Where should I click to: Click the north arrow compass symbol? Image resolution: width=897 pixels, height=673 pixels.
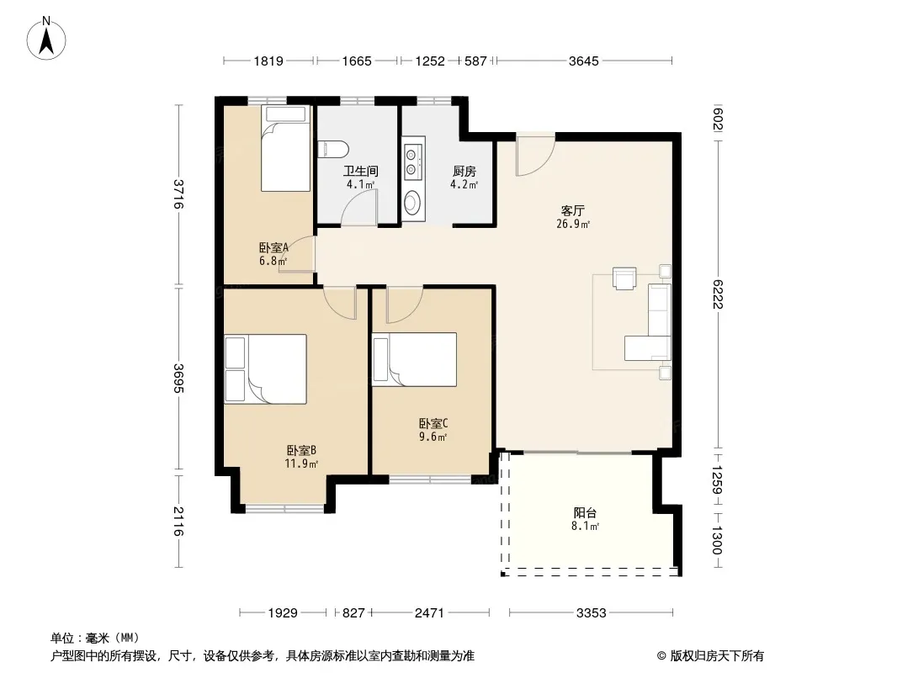pos(46,38)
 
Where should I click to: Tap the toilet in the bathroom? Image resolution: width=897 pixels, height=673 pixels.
pos(333,149)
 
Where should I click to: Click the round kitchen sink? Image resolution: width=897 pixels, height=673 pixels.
pos(411,202)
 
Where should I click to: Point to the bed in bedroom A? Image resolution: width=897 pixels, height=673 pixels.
pos(285,148)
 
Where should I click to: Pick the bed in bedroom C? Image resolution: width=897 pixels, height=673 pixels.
pos(415,359)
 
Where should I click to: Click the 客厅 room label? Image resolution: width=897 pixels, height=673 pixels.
pos(573,210)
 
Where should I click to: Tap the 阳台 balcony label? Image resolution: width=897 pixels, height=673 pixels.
pos(585,513)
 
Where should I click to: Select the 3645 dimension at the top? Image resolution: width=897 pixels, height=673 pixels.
pos(583,61)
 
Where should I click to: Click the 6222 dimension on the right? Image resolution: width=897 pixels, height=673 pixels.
pos(718,294)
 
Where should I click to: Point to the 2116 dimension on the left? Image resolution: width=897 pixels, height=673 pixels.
pos(178,521)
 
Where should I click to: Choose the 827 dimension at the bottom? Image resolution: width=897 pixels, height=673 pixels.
pos(353,613)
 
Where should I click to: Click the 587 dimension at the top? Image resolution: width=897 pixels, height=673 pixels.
pos(475,61)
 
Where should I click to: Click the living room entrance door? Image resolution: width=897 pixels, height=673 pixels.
pos(535,156)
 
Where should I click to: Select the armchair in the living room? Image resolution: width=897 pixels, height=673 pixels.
pos(624,278)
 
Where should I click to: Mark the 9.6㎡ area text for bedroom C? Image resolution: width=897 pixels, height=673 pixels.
pos(433,437)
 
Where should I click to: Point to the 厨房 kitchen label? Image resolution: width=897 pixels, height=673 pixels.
pos(464,171)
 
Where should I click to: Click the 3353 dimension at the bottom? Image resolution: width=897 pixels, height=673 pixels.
pos(591,613)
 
